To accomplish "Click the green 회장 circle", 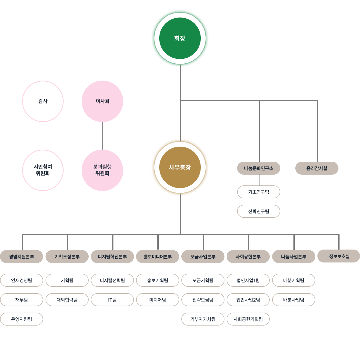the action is pyautogui.click(x=180, y=38).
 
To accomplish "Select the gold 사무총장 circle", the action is pyautogui.click(x=180, y=167).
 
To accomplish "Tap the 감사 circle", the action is pyautogui.click(x=43, y=101).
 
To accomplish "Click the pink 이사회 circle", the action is pyautogui.click(x=102, y=101).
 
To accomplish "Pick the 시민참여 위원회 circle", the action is pyautogui.click(x=43, y=170).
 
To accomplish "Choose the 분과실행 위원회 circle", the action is pyautogui.click(x=102, y=170).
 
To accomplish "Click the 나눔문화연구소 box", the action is pyautogui.click(x=258, y=168).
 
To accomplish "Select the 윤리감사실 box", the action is pyautogui.click(x=317, y=168).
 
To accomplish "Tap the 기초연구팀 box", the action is pyautogui.click(x=258, y=192).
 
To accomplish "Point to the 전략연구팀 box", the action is pyautogui.click(x=258, y=211).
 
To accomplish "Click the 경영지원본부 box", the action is pyautogui.click(x=22, y=256).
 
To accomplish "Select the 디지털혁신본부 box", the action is pyautogui.click(x=112, y=256).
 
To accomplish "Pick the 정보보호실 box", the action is pyautogui.click(x=339, y=256).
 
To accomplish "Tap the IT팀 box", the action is pyautogui.click(x=112, y=299).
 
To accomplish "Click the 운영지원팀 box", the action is pyautogui.click(x=22, y=319).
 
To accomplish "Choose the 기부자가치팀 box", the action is pyautogui.click(x=203, y=319).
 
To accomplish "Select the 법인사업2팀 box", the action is pyautogui.click(x=248, y=299).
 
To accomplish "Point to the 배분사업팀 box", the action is pyautogui.click(x=293, y=299).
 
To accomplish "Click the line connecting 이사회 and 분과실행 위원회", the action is pyautogui.click(x=103, y=136).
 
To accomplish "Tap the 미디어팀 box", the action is pyautogui.click(x=157, y=299).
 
